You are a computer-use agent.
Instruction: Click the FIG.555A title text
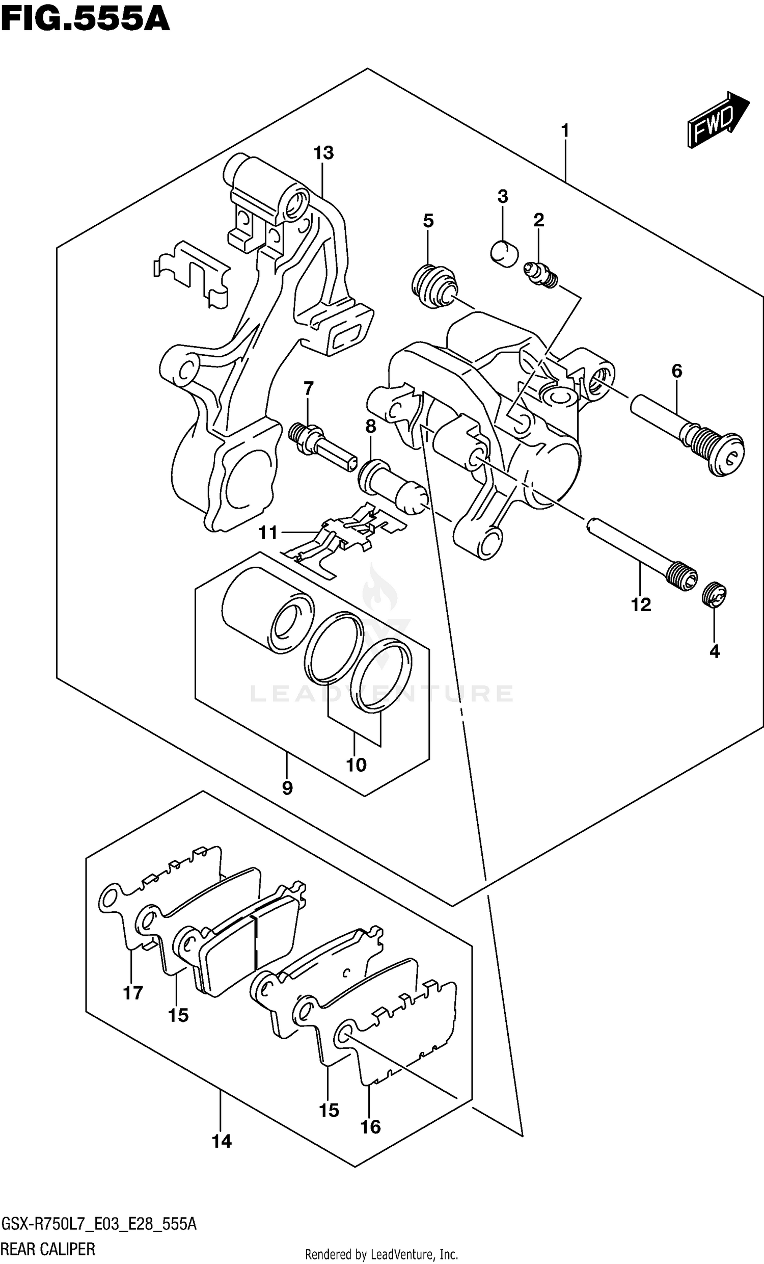[x=85, y=19]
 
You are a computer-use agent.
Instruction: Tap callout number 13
[x=323, y=153]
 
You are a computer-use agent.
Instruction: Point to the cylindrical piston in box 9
[x=266, y=609]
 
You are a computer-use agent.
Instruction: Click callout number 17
[x=133, y=993]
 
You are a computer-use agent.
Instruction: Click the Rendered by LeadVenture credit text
[x=381, y=1254]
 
